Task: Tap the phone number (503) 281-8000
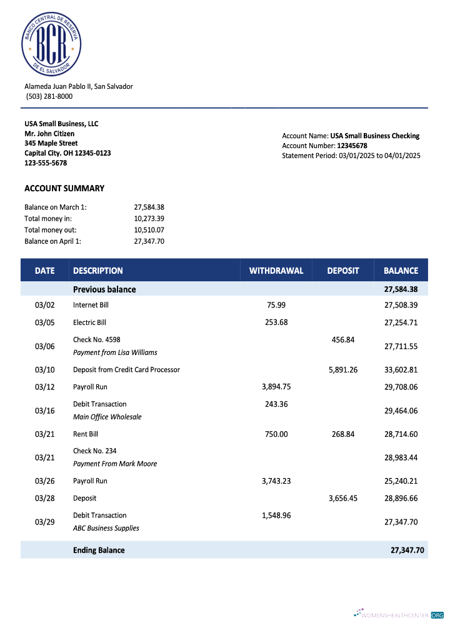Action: tap(49, 96)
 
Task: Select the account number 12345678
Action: tap(352, 146)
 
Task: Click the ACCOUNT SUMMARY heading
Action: tap(64, 188)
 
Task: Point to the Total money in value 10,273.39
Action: tap(149, 219)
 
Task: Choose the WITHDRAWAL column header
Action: tap(276, 271)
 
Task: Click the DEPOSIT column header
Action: tap(342, 271)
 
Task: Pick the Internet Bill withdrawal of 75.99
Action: tap(276, 305)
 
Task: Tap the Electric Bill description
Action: tap(89, 322)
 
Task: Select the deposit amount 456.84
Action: tap(342, 339)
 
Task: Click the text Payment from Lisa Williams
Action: tap(115, 352)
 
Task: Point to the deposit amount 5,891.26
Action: tap(342, 369)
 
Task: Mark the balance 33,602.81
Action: tap(401, 369)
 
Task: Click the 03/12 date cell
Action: tap(45, 387)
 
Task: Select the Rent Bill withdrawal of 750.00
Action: tap(276, 434)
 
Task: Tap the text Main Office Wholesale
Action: tap(107, 417)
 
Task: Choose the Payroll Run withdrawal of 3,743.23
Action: tap(276, 481)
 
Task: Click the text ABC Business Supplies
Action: tap(106, 528)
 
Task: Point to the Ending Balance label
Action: tap(99, 550)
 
